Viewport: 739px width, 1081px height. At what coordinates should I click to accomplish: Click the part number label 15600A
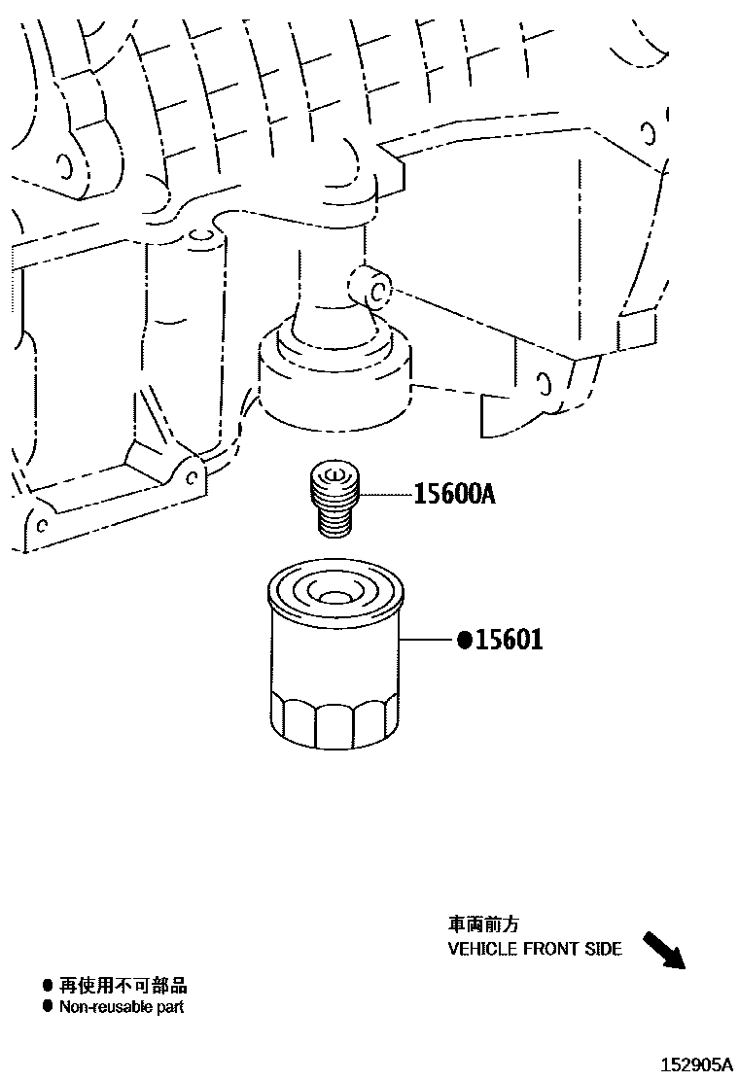point(454,494)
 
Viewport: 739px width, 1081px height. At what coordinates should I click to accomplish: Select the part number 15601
point(509,641)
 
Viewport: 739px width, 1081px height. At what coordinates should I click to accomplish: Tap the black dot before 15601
point(465,641)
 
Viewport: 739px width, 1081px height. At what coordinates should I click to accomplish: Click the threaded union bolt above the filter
point(335,499)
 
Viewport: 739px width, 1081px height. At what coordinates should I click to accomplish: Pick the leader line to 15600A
point(386,494)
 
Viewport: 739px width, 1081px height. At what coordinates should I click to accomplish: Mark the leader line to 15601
point(427,641)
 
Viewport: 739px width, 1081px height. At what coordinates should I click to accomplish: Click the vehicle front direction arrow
point(664,951)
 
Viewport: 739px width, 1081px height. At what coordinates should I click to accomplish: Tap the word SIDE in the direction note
point(603,950)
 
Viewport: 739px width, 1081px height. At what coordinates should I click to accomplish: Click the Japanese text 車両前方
point(483,924)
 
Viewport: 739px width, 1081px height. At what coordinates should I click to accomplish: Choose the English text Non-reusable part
point(122,1007)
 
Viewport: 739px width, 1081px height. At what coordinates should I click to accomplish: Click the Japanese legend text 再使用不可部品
point(123,985)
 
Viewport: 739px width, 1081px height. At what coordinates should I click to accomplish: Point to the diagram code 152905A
point(697,1064)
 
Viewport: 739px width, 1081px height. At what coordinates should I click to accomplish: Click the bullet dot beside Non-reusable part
point(47,1006)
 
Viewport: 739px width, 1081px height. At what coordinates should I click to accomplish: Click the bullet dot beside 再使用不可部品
point(47,985)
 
